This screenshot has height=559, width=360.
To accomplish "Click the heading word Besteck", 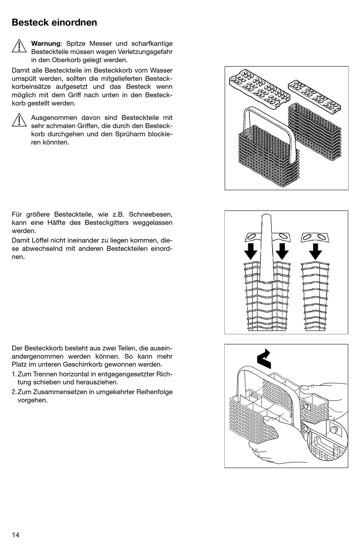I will [29, 22].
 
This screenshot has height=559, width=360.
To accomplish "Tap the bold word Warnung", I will [45, 44].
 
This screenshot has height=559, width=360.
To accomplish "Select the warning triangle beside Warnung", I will [19, 46].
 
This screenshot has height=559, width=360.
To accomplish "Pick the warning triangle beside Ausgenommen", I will [19, 120].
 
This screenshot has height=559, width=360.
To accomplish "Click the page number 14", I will [16, 535].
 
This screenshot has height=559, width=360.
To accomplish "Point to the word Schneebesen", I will [152, 215].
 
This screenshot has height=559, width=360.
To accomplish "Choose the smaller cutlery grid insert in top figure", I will [316, 96].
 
